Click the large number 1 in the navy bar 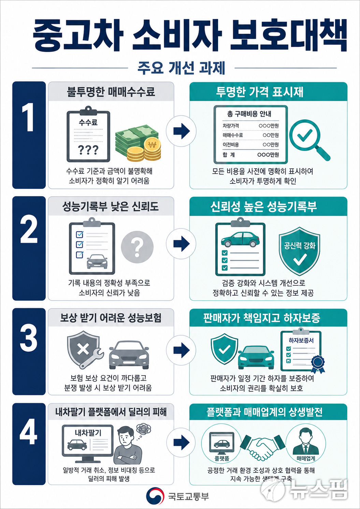[x=28, y=117]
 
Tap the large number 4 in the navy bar [x=29, y=432]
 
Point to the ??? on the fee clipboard [x=88, y=150]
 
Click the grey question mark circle [x=137, y=247]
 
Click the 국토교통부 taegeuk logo [x=155, y=496]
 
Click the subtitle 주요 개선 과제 [x=181, y=68]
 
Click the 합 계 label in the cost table [x=229, y=155]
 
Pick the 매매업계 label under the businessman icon [x=306, y=458]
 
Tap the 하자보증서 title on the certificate [x=301, y=340]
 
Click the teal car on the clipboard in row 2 [x=240, y=240]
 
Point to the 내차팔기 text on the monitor [x=88, y=433]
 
